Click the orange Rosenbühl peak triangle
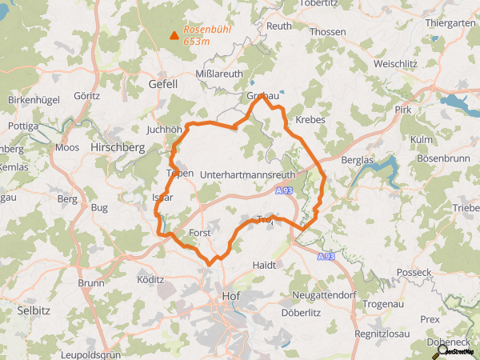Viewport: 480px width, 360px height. [x=174, y=34]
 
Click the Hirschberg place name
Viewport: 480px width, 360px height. [x=117, y=147]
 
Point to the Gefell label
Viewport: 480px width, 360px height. [x=163, y=83]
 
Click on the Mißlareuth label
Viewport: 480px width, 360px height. [x=218, y=72]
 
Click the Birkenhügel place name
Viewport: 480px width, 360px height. [x=34, y=99]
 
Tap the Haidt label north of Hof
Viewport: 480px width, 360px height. [x=263, y=264]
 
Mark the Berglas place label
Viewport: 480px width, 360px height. [x=356, y=160]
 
